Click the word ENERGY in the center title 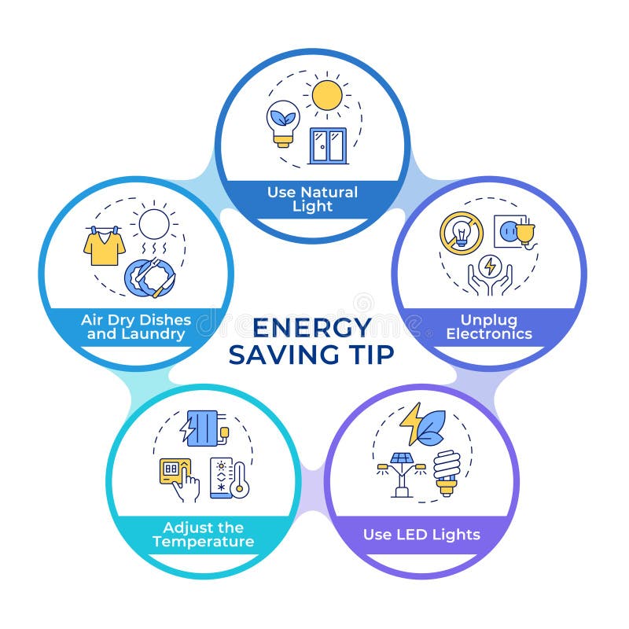coord(311,326)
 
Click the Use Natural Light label coord(312,199)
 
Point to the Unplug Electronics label coord(488,326)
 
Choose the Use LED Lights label coord(421,535)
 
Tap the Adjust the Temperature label coord(204,535)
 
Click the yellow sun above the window coord(327,95)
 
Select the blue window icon coord(328,145)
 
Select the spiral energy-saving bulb coord(447,472)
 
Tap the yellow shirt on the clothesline coord(105,247)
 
